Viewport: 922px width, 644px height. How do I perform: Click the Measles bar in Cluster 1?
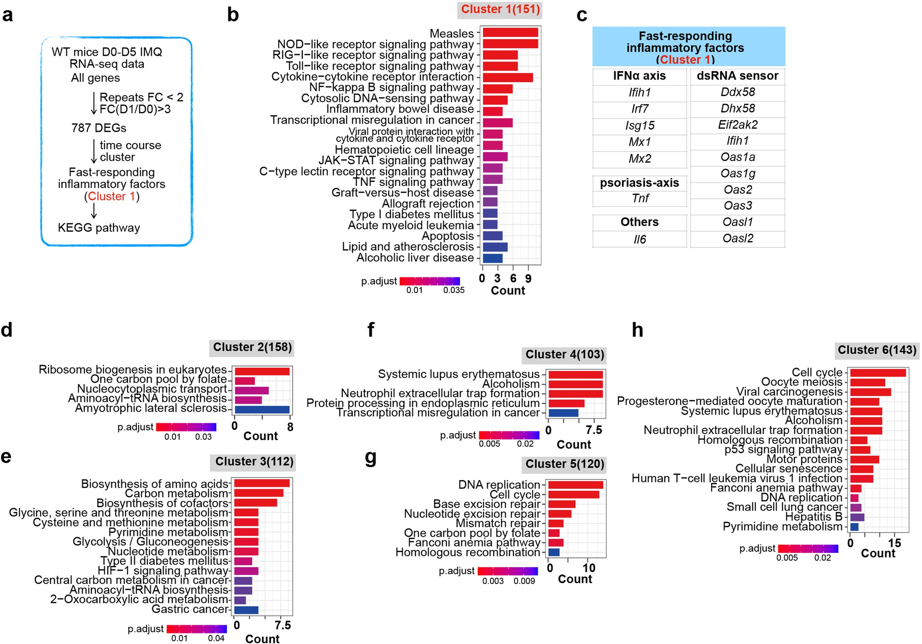click(x=510, y=33)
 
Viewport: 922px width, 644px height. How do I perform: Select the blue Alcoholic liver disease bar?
click(x=492, y=258)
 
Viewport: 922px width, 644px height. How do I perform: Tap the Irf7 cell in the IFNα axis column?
click(x=639, y=109)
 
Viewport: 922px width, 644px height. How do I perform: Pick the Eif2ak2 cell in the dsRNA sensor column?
click(x=737, y=125)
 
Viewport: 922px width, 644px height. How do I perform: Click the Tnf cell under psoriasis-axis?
click(x=640, y=199)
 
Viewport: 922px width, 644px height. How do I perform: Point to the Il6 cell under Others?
click(x=639, y=239)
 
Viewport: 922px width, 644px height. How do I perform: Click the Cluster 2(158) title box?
click(x=252, y=348)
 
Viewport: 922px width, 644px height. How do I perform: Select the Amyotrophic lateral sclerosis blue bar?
click(x=262, y=410)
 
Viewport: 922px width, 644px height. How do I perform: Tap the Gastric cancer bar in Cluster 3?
click(x=246, y=610)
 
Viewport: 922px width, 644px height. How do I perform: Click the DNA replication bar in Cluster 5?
click(x=575, y=485)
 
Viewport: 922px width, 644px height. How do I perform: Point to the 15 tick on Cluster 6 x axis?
click(x=894, y=543)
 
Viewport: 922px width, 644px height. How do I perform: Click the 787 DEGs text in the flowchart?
click(x=99, y=128)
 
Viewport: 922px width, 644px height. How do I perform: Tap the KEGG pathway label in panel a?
click(x=99, y=228)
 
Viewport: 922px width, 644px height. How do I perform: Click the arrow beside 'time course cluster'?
click(x=94, y=151)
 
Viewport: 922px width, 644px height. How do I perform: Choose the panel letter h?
click(x=637, y=330)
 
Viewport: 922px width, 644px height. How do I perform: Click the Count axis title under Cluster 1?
click(x=508, y=291)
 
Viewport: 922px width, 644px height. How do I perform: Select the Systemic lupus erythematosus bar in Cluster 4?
click(x=575, y=375)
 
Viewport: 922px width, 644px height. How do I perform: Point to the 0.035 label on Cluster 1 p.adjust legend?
click(x=453, y=290)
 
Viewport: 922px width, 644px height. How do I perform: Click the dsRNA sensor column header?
click(x=737, y=76)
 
